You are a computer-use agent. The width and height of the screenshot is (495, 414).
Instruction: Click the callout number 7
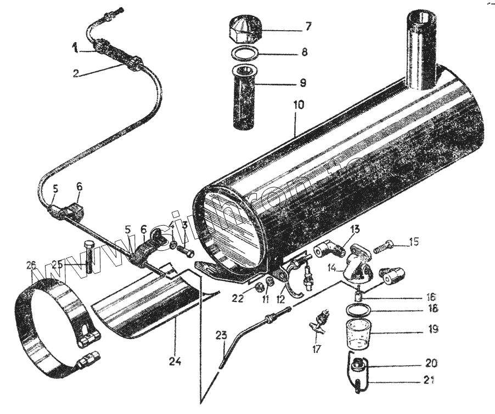click(x=308, y=26)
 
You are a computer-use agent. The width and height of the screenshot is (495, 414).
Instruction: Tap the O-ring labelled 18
click(x=358, y=311)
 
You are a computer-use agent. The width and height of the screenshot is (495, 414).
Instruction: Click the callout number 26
click(x=31, y=266)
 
